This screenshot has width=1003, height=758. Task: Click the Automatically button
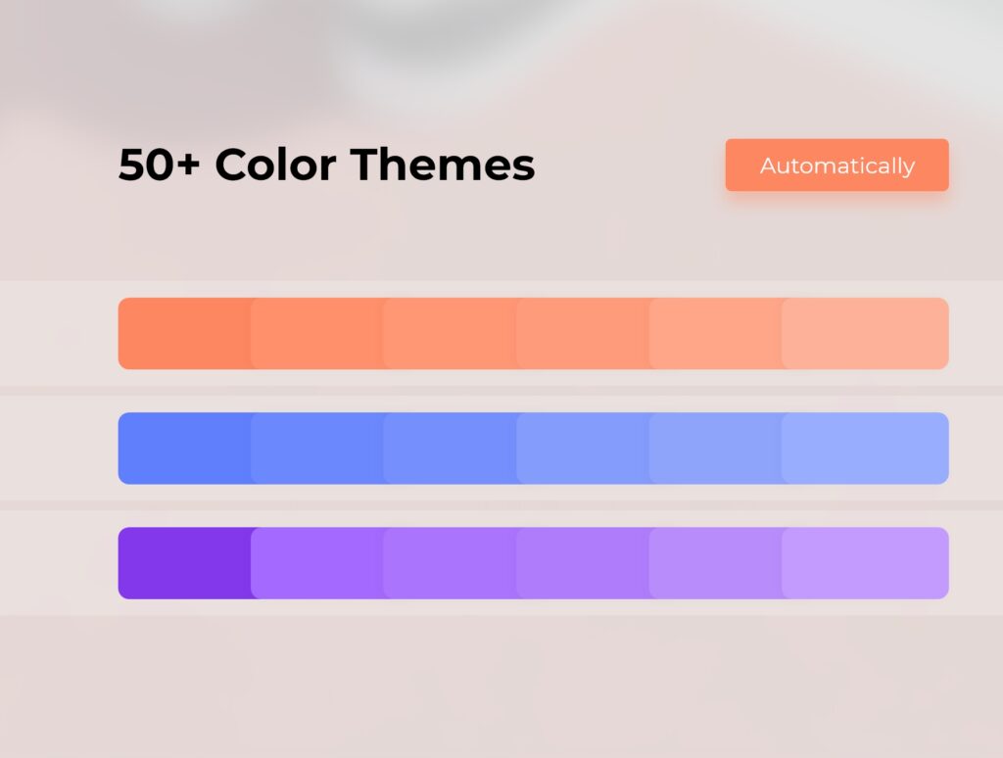pos(836,166)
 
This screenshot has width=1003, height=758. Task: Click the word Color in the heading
pos(275,165)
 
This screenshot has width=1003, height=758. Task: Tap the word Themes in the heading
pos(442,165)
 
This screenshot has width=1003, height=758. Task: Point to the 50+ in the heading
pos(160,165)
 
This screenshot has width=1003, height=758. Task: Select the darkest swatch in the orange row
pos(184,333)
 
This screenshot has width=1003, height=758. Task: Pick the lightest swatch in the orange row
pos(865,333)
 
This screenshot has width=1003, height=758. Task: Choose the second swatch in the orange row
pos(316,333)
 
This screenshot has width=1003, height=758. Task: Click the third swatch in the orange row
pos(450,333)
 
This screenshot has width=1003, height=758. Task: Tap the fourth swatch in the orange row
pos(582,333)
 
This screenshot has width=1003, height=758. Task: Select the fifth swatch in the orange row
pos(715,333)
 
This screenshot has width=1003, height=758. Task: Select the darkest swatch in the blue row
pos(184,449)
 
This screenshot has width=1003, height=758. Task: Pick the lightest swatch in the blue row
pos(865,449)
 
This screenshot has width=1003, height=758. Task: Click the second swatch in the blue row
pos(316,449)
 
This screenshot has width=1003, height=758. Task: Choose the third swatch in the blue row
pos(450,449)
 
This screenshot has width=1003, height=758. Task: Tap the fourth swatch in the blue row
pos(582,449)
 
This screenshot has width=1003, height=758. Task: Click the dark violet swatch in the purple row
pos(184,563)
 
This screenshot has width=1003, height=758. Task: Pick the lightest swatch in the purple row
pos(865,563)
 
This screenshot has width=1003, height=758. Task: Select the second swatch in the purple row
pos(316,563)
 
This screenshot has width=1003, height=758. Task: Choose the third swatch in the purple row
pos(450,563)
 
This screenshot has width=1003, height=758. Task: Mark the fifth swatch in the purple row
pos(715,563)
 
